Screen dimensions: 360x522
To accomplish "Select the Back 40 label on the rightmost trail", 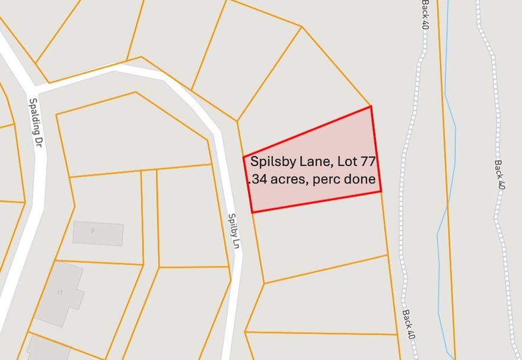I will point(499,175).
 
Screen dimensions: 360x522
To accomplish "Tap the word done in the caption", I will point(361,179).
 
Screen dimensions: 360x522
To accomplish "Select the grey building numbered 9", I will point(98,233).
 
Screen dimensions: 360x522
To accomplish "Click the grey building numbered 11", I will point(59,293).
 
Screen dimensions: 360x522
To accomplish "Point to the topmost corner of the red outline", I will point(371,107).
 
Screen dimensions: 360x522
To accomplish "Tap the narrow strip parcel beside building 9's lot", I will point(150,216).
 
